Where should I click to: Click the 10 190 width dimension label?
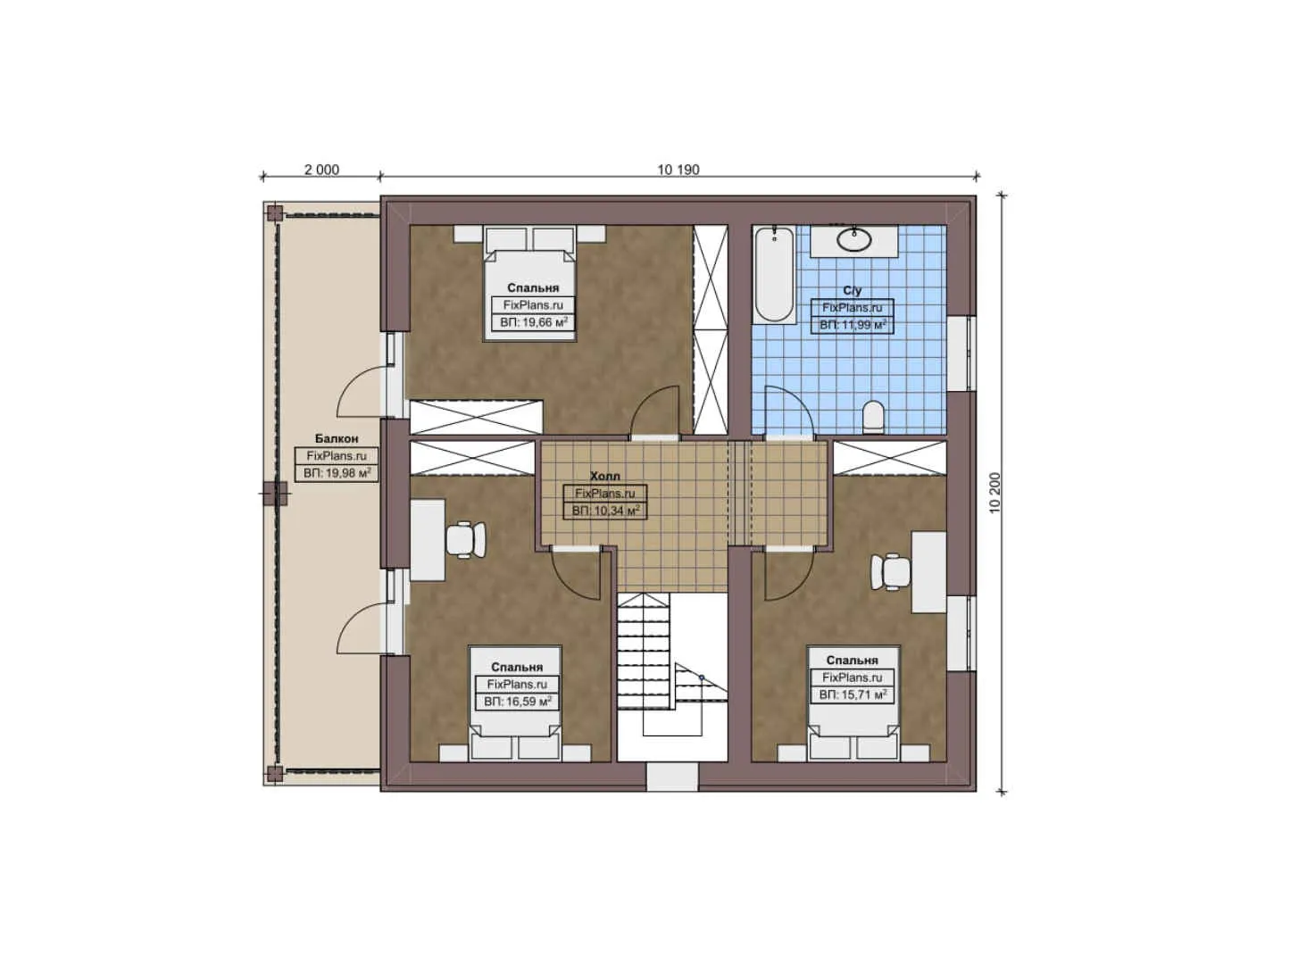tap(678, 170)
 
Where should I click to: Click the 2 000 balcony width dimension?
tap(321, 170)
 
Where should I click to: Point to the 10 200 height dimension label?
tap(995, 493)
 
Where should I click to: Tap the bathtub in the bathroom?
tap(774, 274)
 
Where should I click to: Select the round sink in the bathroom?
tap(854, 239)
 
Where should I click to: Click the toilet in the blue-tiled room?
tap(873, 416)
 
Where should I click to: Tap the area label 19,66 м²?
tap(534, 322)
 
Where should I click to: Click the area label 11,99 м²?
tap(853, 325)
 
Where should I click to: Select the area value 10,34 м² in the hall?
tap(605, 511)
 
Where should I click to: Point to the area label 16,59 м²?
tap(518, 702)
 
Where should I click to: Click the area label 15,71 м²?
tap(853, 694)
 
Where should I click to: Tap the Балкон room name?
tap(337, 438)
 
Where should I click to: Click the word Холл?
tap(604, 476)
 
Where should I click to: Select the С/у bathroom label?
tap(852, 290)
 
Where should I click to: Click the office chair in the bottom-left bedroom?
tap(465, 539)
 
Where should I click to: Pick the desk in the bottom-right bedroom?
tap(928, 571)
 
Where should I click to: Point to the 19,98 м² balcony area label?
tap(337, 473)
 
